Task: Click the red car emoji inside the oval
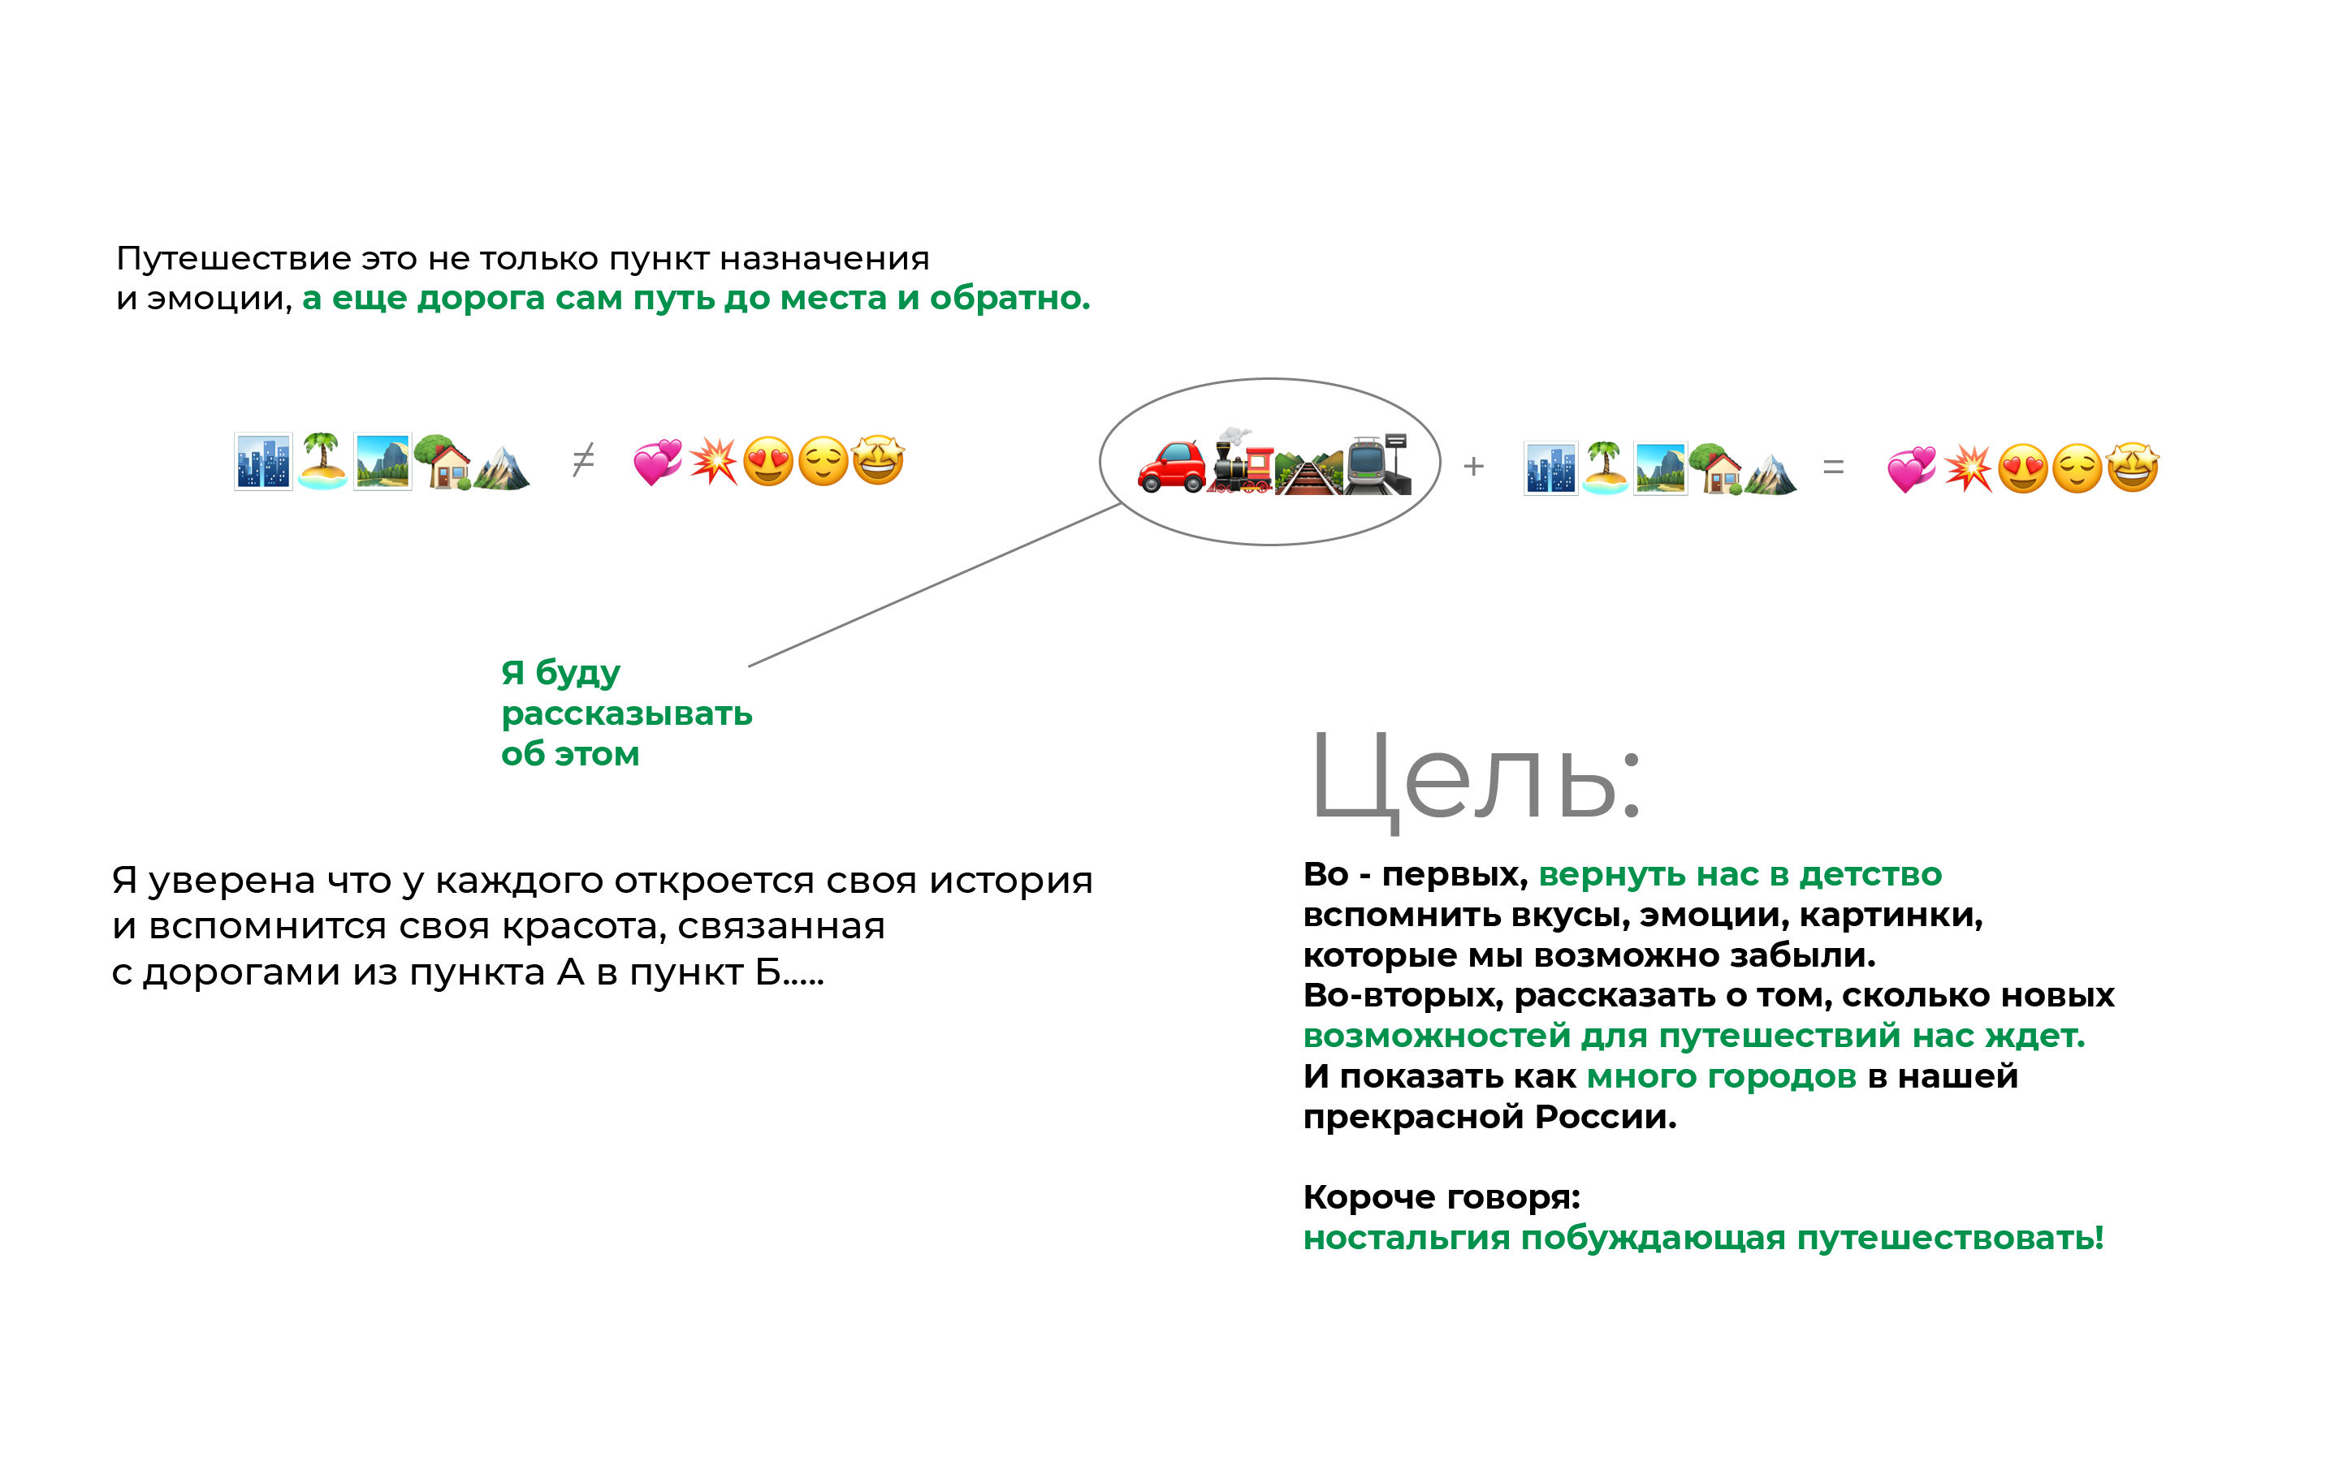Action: tap(1171, 467)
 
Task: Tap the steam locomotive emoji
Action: tap(1240, 463)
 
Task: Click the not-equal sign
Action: tap(583, 460)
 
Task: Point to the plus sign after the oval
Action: tap(1473, 467)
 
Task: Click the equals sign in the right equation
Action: tap(1832, 468)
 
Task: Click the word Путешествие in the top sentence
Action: tap(233, 259)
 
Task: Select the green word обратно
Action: tap(1009, 299)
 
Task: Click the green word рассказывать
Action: tap(626, 714)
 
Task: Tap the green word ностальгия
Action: tap(1405, 1238)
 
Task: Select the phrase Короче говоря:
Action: tap(1441, 1197)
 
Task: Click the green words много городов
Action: tap(1720, 1076)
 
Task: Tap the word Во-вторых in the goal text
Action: tap(1402, 995)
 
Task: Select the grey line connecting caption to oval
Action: tap(934, 585)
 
